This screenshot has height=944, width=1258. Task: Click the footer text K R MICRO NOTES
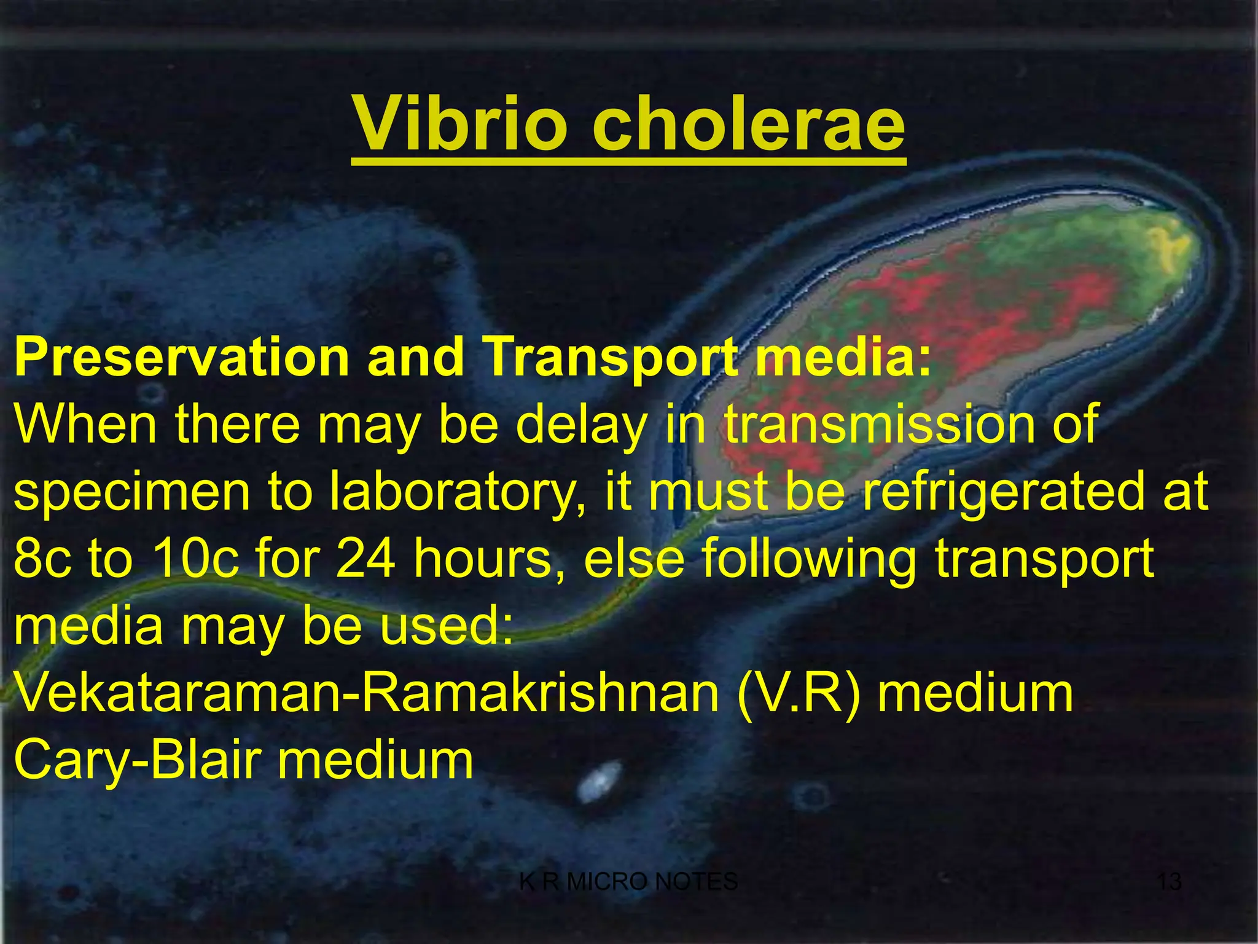pyautogui.click(x=628, y=882)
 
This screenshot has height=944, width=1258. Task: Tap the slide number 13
pyautogui.click(x=1168, y=882)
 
